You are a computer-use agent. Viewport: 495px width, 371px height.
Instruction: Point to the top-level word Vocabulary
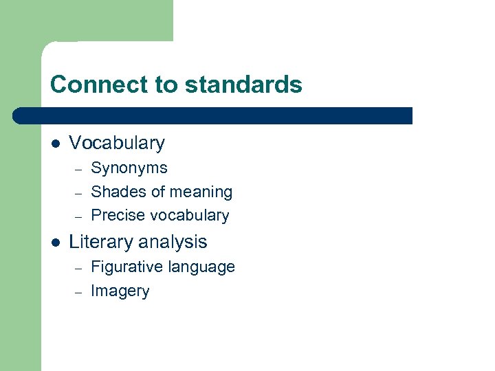tap(117, 143)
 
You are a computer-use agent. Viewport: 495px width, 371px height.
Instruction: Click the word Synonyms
tap(129, 168)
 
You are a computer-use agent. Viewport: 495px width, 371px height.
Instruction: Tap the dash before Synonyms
tap(78, 168)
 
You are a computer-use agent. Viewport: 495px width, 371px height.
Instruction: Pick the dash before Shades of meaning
tap(78, 192)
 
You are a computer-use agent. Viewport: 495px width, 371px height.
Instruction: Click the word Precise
tap(118, 215)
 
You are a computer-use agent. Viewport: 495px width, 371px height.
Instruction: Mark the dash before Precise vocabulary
tap(78, 216)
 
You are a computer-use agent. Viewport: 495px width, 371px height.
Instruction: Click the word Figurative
tap(124, 267)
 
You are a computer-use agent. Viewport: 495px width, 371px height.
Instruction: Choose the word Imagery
tap(120, 291)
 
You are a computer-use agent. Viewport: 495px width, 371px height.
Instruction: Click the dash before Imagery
tap(78, 291)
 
